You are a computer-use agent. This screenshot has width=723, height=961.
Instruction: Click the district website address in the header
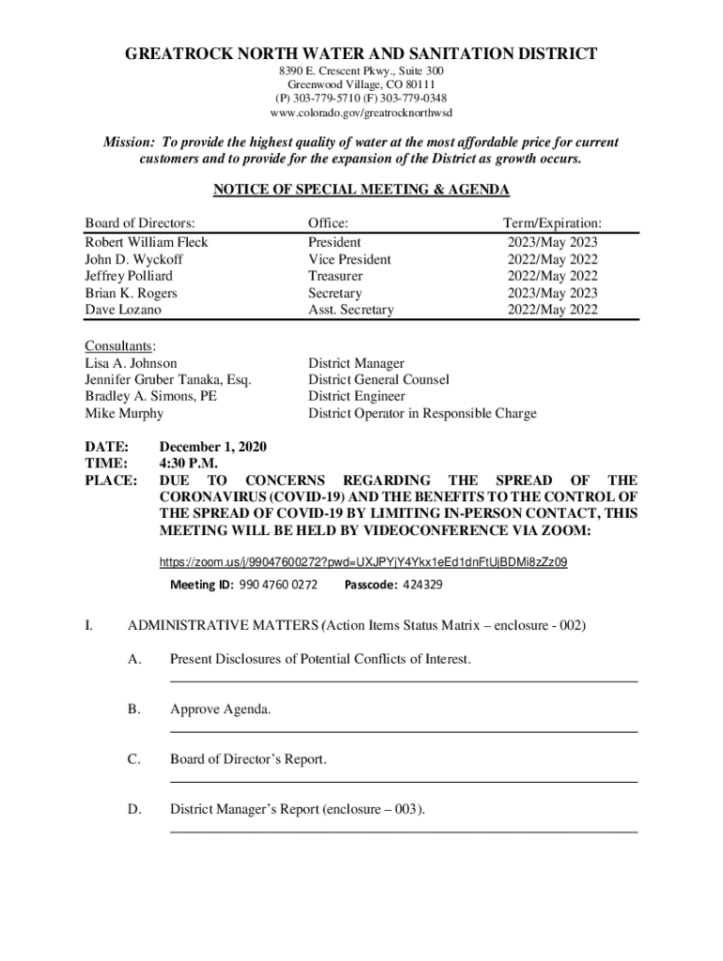coord(361,113)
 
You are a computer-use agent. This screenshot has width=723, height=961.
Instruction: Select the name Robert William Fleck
coord(146,242)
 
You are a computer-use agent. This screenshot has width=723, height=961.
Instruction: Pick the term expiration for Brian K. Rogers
coord(552,293)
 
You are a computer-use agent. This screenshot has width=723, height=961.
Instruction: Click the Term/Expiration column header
coord(552,223)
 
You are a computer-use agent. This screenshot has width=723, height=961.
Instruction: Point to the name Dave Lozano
coord(123,310)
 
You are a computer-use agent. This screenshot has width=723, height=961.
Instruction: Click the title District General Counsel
coord(378,379)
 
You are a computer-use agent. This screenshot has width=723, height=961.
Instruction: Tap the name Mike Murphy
coord(124,413)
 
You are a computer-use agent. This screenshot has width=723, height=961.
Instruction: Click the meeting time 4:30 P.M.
coord(189,464)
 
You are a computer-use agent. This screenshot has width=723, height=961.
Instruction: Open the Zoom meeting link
coord(362,562)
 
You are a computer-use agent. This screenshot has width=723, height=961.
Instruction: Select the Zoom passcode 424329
coord(423,585)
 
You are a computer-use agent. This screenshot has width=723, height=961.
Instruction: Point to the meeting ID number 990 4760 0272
coord(278,585)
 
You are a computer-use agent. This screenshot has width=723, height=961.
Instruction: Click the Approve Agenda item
coord(221,709)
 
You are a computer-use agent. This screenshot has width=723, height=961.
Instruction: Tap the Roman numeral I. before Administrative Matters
coord(89,625)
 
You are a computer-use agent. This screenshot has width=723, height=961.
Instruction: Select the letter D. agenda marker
coord(134,809)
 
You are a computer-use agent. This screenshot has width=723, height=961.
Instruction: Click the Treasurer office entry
coord(335,276)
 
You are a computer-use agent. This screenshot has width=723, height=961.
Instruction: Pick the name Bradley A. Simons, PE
coord(151,396)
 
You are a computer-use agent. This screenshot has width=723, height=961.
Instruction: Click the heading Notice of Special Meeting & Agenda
coord(361,191)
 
